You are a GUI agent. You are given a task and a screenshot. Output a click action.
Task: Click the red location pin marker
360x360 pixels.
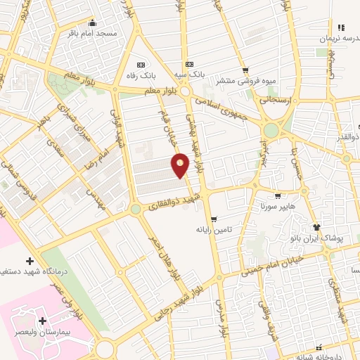181,165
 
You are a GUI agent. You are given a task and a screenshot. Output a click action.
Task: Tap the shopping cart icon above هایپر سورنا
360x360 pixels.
278,197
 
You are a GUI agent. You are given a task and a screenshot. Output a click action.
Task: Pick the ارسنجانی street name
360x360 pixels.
309,101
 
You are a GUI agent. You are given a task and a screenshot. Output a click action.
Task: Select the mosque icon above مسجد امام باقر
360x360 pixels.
91,22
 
